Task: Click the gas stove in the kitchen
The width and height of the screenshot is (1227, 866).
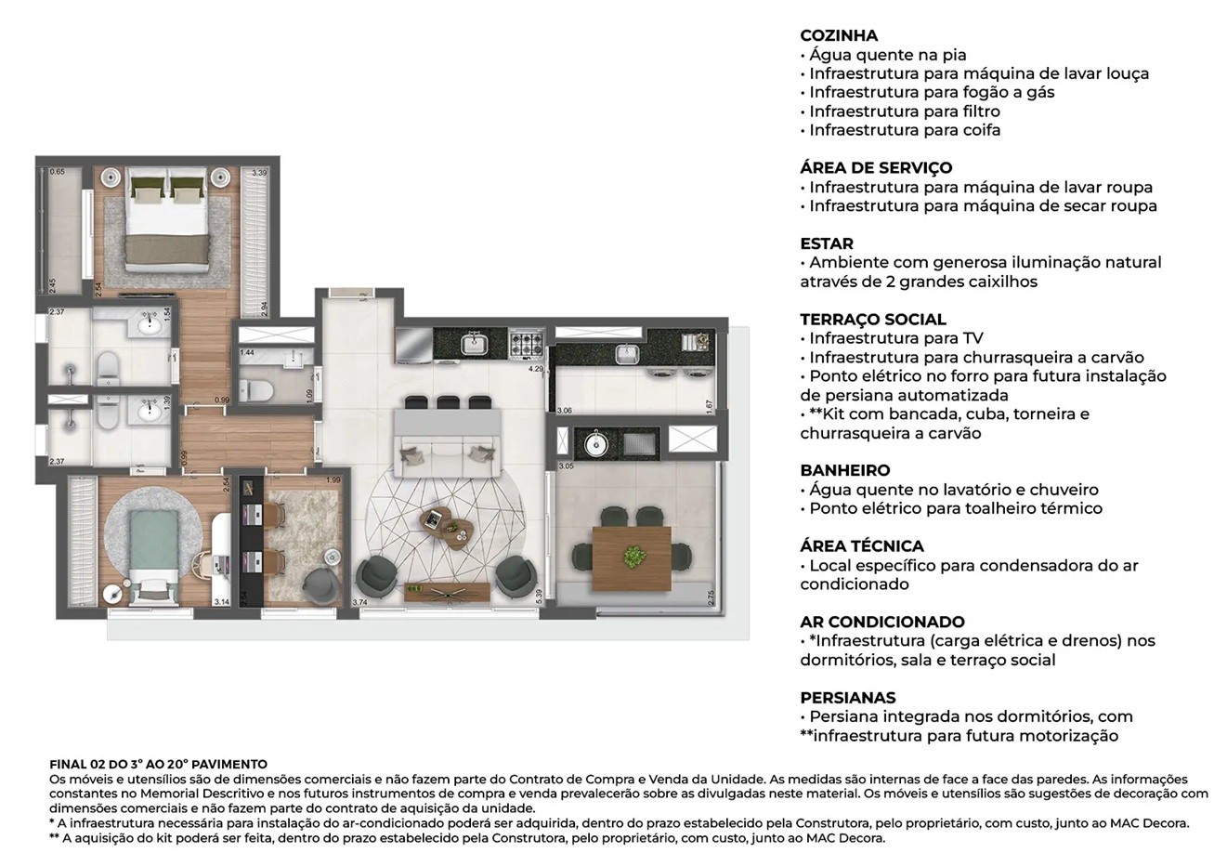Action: coord(529,345)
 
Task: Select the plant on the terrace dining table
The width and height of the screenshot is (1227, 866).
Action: coord(634,556)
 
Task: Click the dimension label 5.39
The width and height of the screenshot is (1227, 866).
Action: coord(540,594)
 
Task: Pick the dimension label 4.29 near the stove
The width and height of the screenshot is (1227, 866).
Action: coord(535,369)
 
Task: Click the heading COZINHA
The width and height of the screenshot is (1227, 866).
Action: coord(838,35)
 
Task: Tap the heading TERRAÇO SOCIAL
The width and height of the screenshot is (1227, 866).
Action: coord(873,319)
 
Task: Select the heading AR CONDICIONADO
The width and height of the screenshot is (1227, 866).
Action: coord(881,622)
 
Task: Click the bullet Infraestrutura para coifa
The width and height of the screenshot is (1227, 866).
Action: coord(904,130)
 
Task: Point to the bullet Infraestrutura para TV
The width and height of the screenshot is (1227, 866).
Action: coord(895,338)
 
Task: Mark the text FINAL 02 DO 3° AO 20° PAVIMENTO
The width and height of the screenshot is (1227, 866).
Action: coord(159,764)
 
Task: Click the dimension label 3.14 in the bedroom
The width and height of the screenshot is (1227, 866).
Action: coord(221,602)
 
